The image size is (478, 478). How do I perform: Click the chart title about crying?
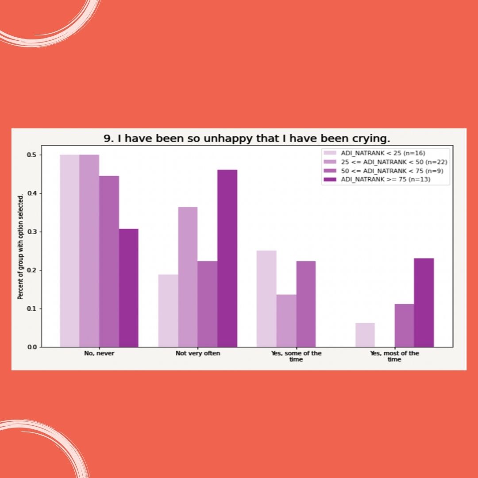point(247,139)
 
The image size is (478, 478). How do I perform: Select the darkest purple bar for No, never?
point(128,288)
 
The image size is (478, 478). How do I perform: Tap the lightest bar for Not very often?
point(168,310)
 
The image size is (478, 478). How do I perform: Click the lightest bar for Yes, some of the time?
point(266,298)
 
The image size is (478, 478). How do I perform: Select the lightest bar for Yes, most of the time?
point(365,335)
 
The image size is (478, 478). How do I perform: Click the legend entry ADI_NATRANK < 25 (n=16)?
point(382,153)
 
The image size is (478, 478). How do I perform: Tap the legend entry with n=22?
point(391,162)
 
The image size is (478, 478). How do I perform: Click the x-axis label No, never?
point(99,354)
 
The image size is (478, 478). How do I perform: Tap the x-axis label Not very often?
point(197,354)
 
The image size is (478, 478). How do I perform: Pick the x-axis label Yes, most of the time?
point(394,356)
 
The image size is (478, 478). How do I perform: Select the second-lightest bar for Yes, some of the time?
point(286,320)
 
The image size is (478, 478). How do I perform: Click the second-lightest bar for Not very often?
point(188,277)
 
